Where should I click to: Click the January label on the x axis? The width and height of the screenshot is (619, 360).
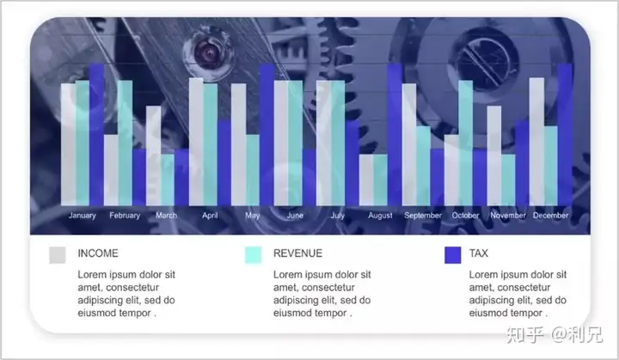point(83,216)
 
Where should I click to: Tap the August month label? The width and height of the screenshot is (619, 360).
point(380,216)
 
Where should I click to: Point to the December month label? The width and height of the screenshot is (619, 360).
point(550,216)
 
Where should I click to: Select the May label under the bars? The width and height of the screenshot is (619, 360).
point(252,216)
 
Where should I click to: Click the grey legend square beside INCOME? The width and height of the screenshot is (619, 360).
point(58,254)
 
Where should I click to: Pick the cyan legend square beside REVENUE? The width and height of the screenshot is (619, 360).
point(253,254)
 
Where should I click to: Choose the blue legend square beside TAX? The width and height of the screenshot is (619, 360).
point(452,254)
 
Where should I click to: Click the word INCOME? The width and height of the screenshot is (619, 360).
point(98,253)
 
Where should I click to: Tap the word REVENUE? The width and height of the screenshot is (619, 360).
point(297,253)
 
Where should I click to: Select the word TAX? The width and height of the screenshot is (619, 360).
point(478,253)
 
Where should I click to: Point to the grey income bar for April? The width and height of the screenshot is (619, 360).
point(196,142)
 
